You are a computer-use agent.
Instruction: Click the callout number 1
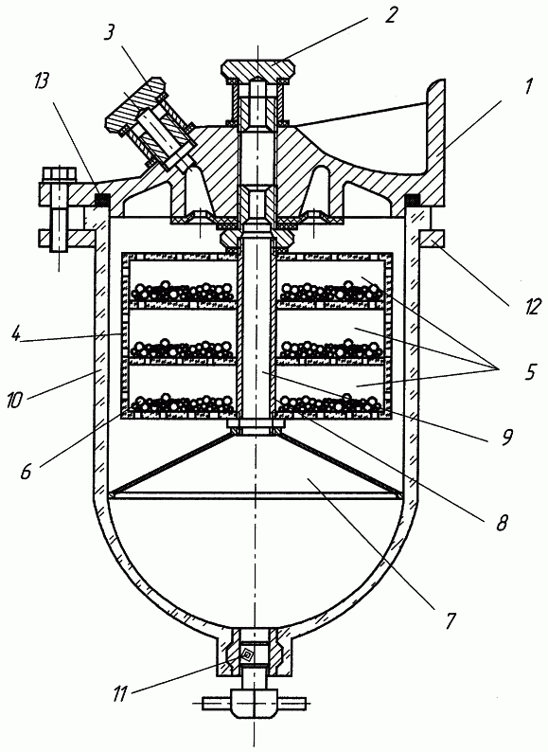pyautogui.click(x=528, y=86)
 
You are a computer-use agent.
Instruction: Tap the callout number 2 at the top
pyautogui.click(x=391, y=14)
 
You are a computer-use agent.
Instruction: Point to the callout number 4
pyautogui.click(x=17, y=333)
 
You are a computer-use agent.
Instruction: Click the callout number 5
pyautogui.click(x=530, y=371)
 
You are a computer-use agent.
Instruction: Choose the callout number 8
pyautogui.click(x=502, y=523)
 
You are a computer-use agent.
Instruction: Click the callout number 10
pyautogui.click(x=14, y=400)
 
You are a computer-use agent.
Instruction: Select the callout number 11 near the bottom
pyautogui.click(x=120, y=694)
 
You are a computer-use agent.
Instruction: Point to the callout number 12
pyautogui.click(x=531, y=306)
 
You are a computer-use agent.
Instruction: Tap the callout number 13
pyautogui.click(x=41, y=82)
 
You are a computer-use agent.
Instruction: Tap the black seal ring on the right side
pyautogui.click(x=413, y=199)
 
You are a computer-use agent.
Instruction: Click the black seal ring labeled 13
pyautogui.click(x=102, y=199)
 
